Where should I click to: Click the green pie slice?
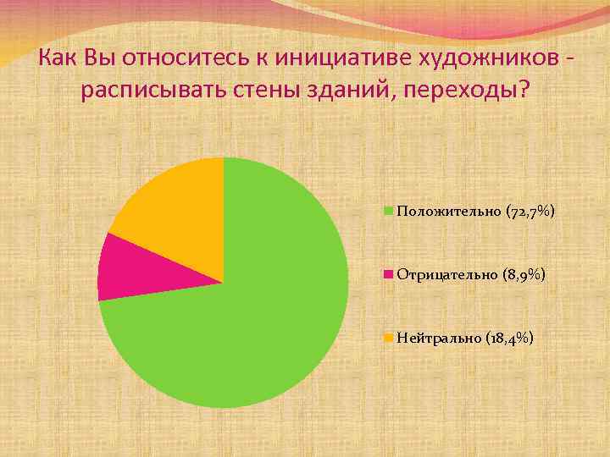254,322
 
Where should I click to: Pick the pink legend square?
389,275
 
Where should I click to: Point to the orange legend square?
389,339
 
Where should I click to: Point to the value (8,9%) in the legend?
524,275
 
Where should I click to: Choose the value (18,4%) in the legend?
510,339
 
